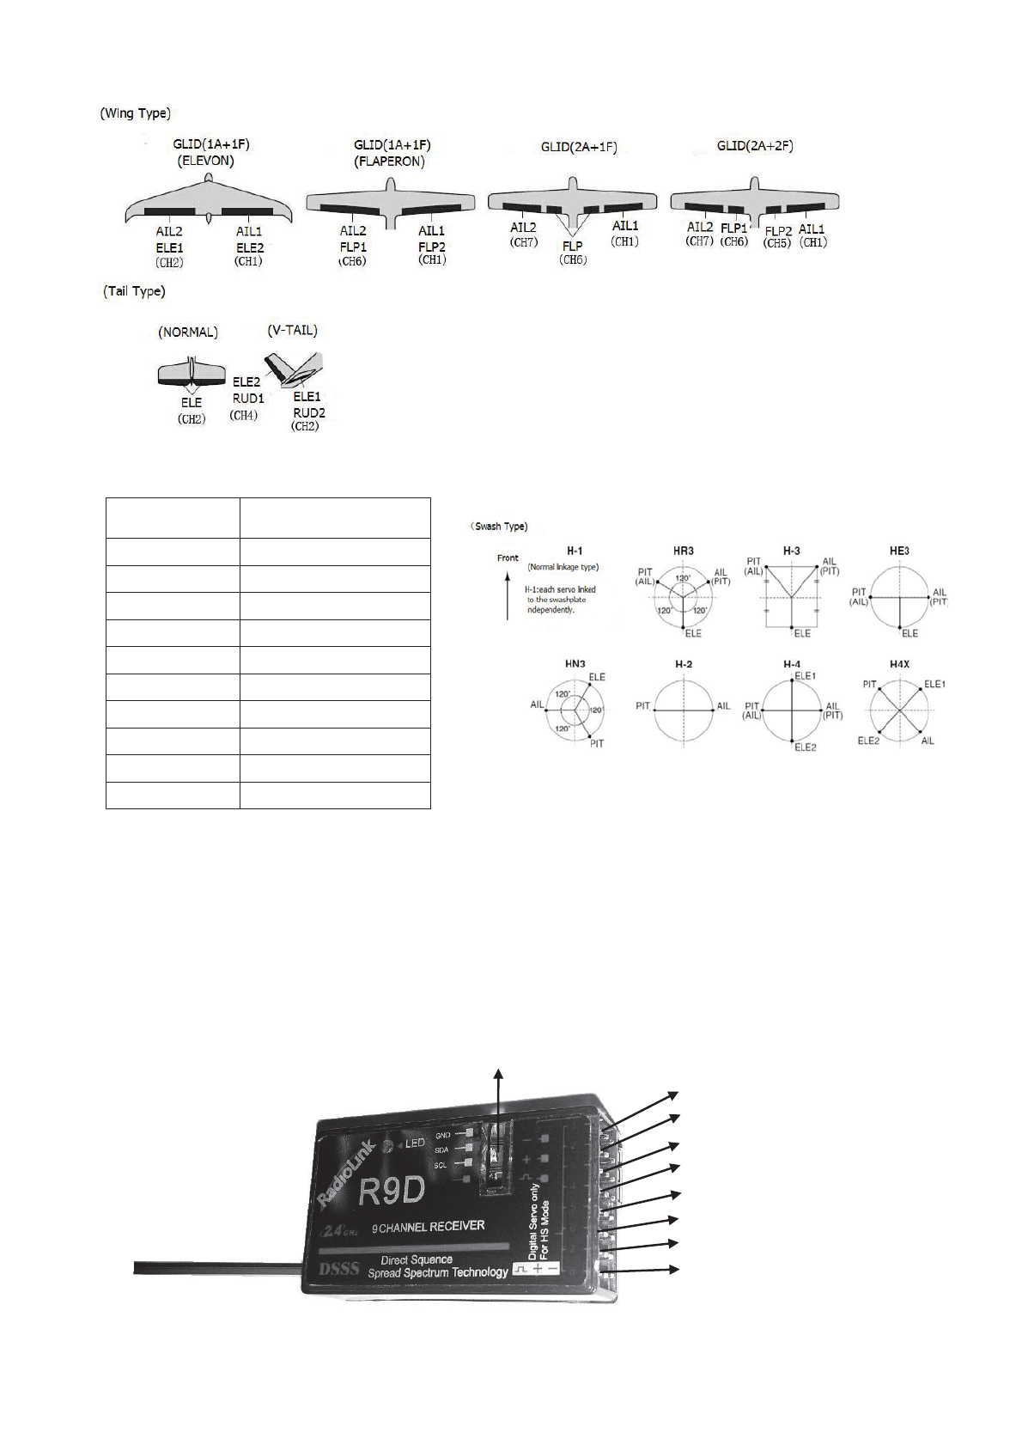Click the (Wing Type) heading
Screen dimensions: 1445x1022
135,113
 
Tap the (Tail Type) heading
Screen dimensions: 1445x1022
133,292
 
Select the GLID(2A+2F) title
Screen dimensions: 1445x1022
755,147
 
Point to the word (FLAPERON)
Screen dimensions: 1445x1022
390,161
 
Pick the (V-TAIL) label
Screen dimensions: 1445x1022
292,330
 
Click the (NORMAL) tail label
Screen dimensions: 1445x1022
188,332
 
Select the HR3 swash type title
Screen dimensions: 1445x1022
684,550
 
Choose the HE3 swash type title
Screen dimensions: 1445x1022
899,550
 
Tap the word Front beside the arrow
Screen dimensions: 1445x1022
508,558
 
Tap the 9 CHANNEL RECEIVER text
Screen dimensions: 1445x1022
428,1226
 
